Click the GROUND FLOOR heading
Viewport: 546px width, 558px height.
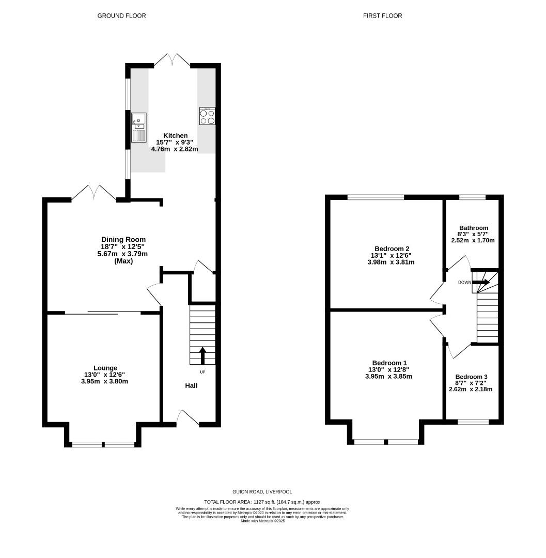121,16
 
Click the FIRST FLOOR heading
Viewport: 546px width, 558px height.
382,16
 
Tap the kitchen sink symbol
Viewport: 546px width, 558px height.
139,127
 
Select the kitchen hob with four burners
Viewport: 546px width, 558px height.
207,116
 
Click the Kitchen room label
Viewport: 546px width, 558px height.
176,135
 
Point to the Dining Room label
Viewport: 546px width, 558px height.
123,240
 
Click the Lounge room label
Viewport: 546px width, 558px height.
105,368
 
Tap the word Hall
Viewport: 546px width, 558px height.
191,385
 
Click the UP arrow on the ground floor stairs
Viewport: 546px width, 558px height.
202,355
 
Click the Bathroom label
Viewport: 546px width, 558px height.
474,228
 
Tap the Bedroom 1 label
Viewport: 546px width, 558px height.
389,363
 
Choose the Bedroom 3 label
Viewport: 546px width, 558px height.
471,377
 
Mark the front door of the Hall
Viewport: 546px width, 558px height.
189,418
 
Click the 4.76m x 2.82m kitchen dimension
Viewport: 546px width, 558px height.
174,149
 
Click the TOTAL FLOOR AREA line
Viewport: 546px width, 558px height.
263,502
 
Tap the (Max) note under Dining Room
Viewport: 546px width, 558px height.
123,261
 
